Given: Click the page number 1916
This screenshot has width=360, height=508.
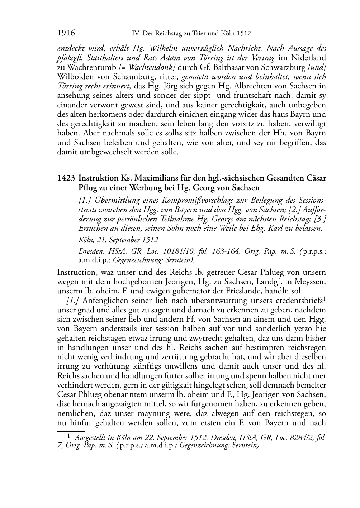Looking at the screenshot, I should point(66,33).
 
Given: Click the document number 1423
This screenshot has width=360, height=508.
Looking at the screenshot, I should point(66,178).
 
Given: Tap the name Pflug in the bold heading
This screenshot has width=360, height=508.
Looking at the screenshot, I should point(87,187).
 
